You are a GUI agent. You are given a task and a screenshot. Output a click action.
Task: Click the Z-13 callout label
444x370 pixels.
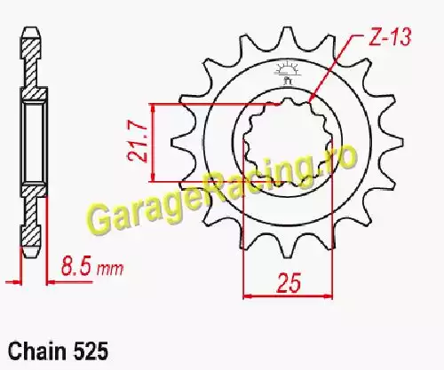tap(390, 37)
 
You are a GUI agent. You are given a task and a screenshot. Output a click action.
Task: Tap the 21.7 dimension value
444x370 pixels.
tap(139, 143)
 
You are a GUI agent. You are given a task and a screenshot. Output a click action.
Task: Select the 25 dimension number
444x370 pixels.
tap(288, 282)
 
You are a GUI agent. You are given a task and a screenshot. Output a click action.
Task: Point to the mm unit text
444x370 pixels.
tap(110, 269)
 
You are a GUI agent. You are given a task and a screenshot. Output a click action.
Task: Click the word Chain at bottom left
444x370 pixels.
tap(37, 351)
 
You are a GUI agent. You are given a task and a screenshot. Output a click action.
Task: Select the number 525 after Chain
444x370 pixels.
tap(90, 352)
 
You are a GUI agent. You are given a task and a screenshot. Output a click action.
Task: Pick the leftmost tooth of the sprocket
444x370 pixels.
tap(179, 142)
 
